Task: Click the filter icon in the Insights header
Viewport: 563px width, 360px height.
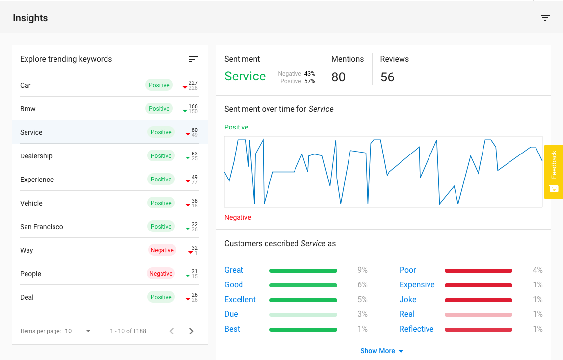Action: click(x=545, y=18)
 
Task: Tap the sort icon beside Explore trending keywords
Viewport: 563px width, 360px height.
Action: click(x=193, y=59)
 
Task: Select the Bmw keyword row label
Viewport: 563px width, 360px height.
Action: click(x=28, y=109)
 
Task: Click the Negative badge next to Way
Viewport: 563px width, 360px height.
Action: click(x=162, y=250)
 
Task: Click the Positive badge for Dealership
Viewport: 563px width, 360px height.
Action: click(x=161, y=156)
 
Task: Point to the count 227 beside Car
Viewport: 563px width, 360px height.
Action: click(x=193, y=83)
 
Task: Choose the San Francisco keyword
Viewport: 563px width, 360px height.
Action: click(x=42, y=227)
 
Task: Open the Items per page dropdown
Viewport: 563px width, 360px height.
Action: click(x=79, y=331)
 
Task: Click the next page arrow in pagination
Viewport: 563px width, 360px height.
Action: click(x=191, y=331)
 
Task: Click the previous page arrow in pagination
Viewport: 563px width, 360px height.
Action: click(x=172, y=331)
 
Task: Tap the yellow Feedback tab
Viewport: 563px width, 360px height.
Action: click(x=553, y=171)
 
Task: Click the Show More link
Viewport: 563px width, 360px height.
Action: click(x=381, y=351)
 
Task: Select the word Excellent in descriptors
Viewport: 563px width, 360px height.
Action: click(x=240, y=300)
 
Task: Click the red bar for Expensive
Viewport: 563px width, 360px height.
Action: click(x=478, y=285)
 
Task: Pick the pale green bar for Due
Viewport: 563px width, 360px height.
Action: click(x=303, y=314)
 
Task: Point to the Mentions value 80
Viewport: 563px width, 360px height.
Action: click(x=338, y=77)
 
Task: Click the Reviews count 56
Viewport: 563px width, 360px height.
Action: click(x=387, y=77)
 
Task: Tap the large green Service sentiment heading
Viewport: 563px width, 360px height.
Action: click(x=245, y=76)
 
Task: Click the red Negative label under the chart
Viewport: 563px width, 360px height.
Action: click(x=238, y=217)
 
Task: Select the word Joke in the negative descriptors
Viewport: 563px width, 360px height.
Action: click(x=408, y=300)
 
